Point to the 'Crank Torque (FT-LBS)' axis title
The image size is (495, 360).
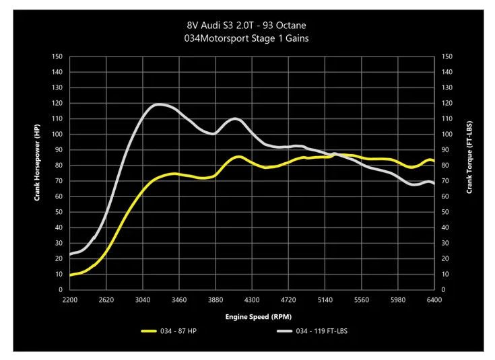pos(469,154)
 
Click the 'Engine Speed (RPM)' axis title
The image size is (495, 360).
pos(259,316)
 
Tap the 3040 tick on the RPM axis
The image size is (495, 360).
pos(142,300)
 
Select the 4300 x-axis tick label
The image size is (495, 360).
pos(252,300)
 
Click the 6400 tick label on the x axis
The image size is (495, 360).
pos(434,300)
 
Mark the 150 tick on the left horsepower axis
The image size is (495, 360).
pos(57,57)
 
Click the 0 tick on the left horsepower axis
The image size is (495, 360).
pos(61,290)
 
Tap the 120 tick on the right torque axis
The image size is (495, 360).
pos(447,103)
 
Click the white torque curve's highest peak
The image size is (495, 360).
pos(160,104)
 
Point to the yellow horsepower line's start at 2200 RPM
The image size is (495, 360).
pos(70,275)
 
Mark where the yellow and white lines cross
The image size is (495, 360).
pos(333,155)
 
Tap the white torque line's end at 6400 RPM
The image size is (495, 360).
pos(433,183)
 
